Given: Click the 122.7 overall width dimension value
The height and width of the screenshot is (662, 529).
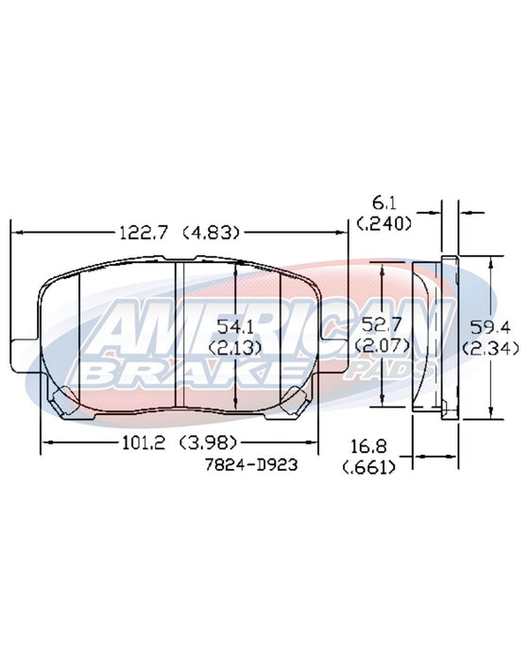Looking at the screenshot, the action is (x=144, y=233).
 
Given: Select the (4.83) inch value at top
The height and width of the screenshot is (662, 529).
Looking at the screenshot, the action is (x=212, y=233).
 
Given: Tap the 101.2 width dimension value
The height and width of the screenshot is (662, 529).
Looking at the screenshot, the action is (x=144, y=443).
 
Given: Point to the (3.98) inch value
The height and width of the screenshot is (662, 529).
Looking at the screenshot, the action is (x=209, y=443).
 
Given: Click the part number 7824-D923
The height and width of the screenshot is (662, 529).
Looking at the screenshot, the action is (x=251, y=465).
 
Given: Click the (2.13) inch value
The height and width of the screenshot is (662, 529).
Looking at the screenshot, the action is (x=235, y=348).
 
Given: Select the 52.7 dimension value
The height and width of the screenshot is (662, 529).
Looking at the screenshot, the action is (x=382, y=324).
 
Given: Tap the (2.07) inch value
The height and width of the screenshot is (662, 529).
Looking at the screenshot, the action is (x=382, y=346).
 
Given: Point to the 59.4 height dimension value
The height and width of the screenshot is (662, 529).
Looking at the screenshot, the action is (x=490, y=326).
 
